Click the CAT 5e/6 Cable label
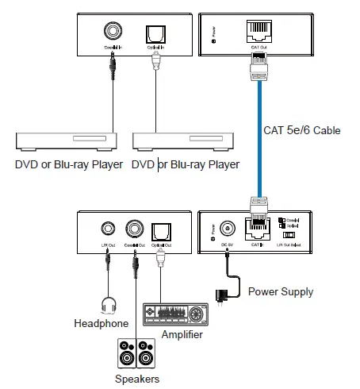click(301, 130)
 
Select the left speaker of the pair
click(126, 354)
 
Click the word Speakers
click(137, 379)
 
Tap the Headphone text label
click(101, 324)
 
